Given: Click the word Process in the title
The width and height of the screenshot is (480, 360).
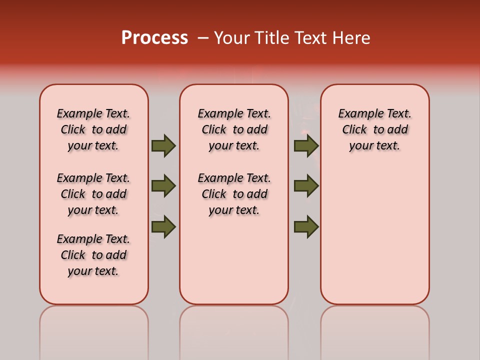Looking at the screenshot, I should [154, 38].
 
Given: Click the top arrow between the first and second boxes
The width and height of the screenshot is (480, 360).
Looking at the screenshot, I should [163, 146].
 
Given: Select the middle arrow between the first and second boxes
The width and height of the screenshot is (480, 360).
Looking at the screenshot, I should [163, 186].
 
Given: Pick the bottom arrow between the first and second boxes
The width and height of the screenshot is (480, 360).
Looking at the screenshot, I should [163, 226].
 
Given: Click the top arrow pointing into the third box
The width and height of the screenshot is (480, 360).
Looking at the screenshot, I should [306, 146].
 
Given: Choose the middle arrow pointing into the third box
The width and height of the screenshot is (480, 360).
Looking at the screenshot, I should [306, 186].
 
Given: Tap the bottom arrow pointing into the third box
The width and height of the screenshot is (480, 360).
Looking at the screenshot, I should [306, 226].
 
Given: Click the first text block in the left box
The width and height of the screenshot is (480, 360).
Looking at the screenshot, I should [93, 129].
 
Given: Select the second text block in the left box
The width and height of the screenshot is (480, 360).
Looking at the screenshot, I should [93, 194].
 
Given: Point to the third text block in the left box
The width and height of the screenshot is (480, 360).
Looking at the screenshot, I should [93, 255].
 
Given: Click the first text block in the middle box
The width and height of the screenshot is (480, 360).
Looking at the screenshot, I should [234, 129].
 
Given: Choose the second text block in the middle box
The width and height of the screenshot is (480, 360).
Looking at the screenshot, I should [234, 194].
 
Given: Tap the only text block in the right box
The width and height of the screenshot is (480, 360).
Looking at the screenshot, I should [375, 129].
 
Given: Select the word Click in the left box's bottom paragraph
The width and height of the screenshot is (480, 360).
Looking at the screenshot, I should [73, 255].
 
